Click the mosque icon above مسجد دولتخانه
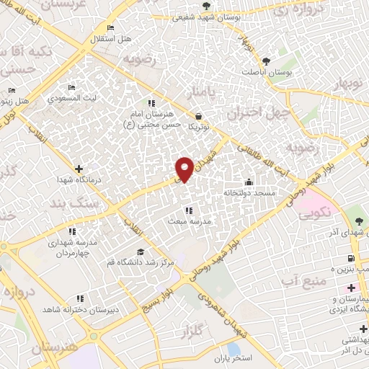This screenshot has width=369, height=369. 249,181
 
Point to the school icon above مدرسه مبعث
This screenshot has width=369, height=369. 189,210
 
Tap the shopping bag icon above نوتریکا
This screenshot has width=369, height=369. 198,115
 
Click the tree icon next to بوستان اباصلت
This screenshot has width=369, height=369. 267,61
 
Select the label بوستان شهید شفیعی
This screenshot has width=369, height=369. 176,17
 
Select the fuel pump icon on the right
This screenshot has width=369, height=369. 351,258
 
